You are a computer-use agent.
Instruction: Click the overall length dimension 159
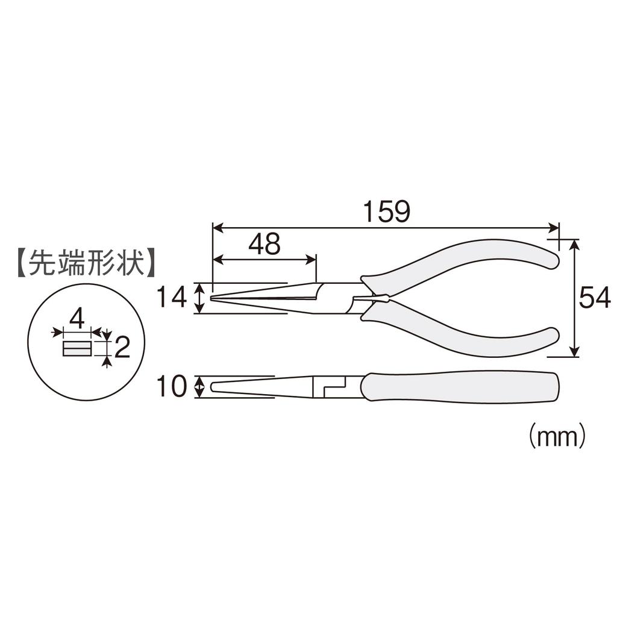click(386, 211)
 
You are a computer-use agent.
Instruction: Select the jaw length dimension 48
click(264, 244)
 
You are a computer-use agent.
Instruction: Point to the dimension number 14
click(171, 298)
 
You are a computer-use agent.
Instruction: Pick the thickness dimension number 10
click(171, 387)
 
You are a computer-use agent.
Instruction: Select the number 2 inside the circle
click(122, 348)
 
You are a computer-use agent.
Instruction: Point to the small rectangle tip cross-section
click(77, 348)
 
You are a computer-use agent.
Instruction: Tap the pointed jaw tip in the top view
click(216, 298)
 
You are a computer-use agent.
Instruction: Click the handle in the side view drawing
click(461, 387)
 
